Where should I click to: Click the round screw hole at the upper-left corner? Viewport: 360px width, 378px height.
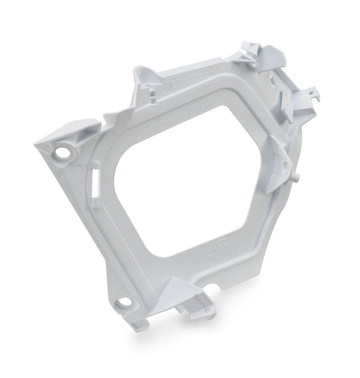(x=62, y=152)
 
